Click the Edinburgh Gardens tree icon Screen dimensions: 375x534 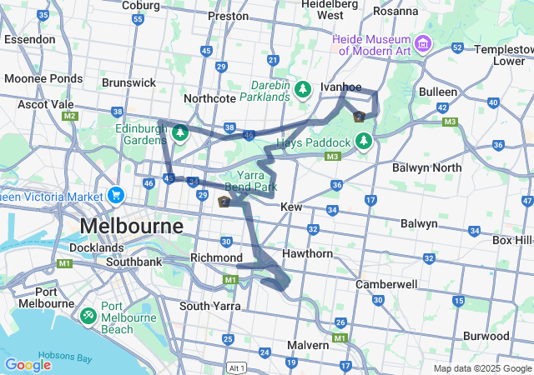[x=179, y=132]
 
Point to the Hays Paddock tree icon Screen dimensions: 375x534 [x=364, y=142]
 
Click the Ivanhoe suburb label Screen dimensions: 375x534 [x=341, y=87]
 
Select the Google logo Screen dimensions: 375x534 [x=28, y=365]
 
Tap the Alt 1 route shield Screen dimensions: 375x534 [x=237, y=367]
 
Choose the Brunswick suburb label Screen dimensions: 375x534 [x=128, y=82]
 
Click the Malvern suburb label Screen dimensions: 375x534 [x=308, y=345]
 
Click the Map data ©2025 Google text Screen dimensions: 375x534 [x=482, y=368]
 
